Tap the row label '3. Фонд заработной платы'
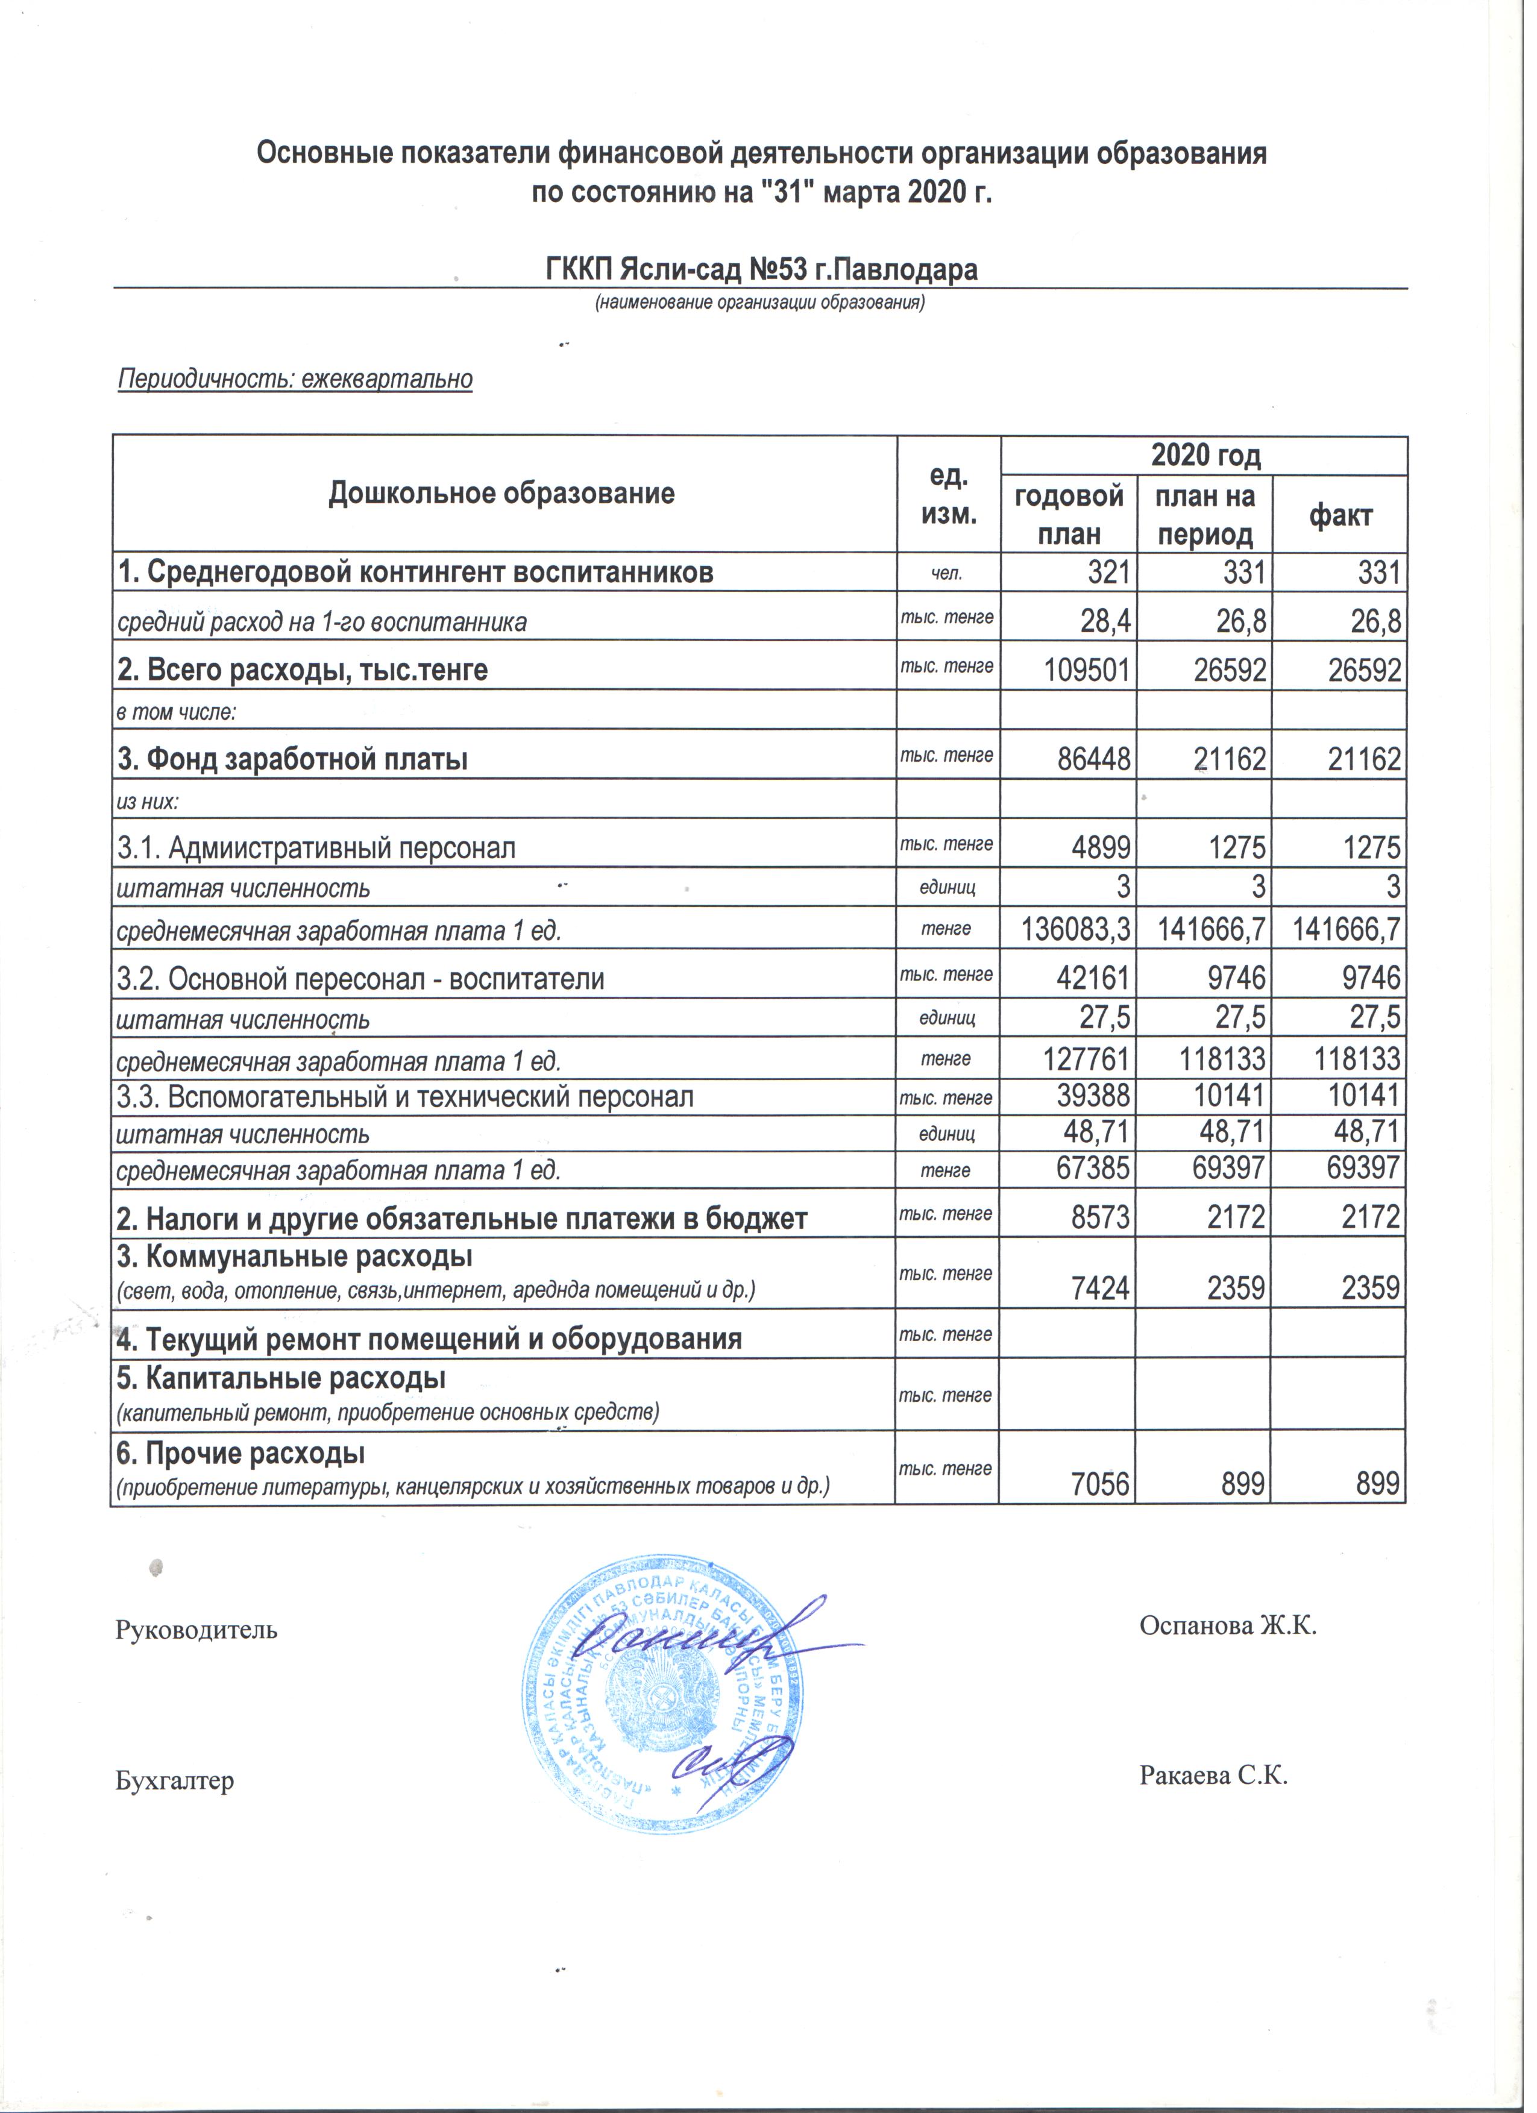click(x=294, y=760)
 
